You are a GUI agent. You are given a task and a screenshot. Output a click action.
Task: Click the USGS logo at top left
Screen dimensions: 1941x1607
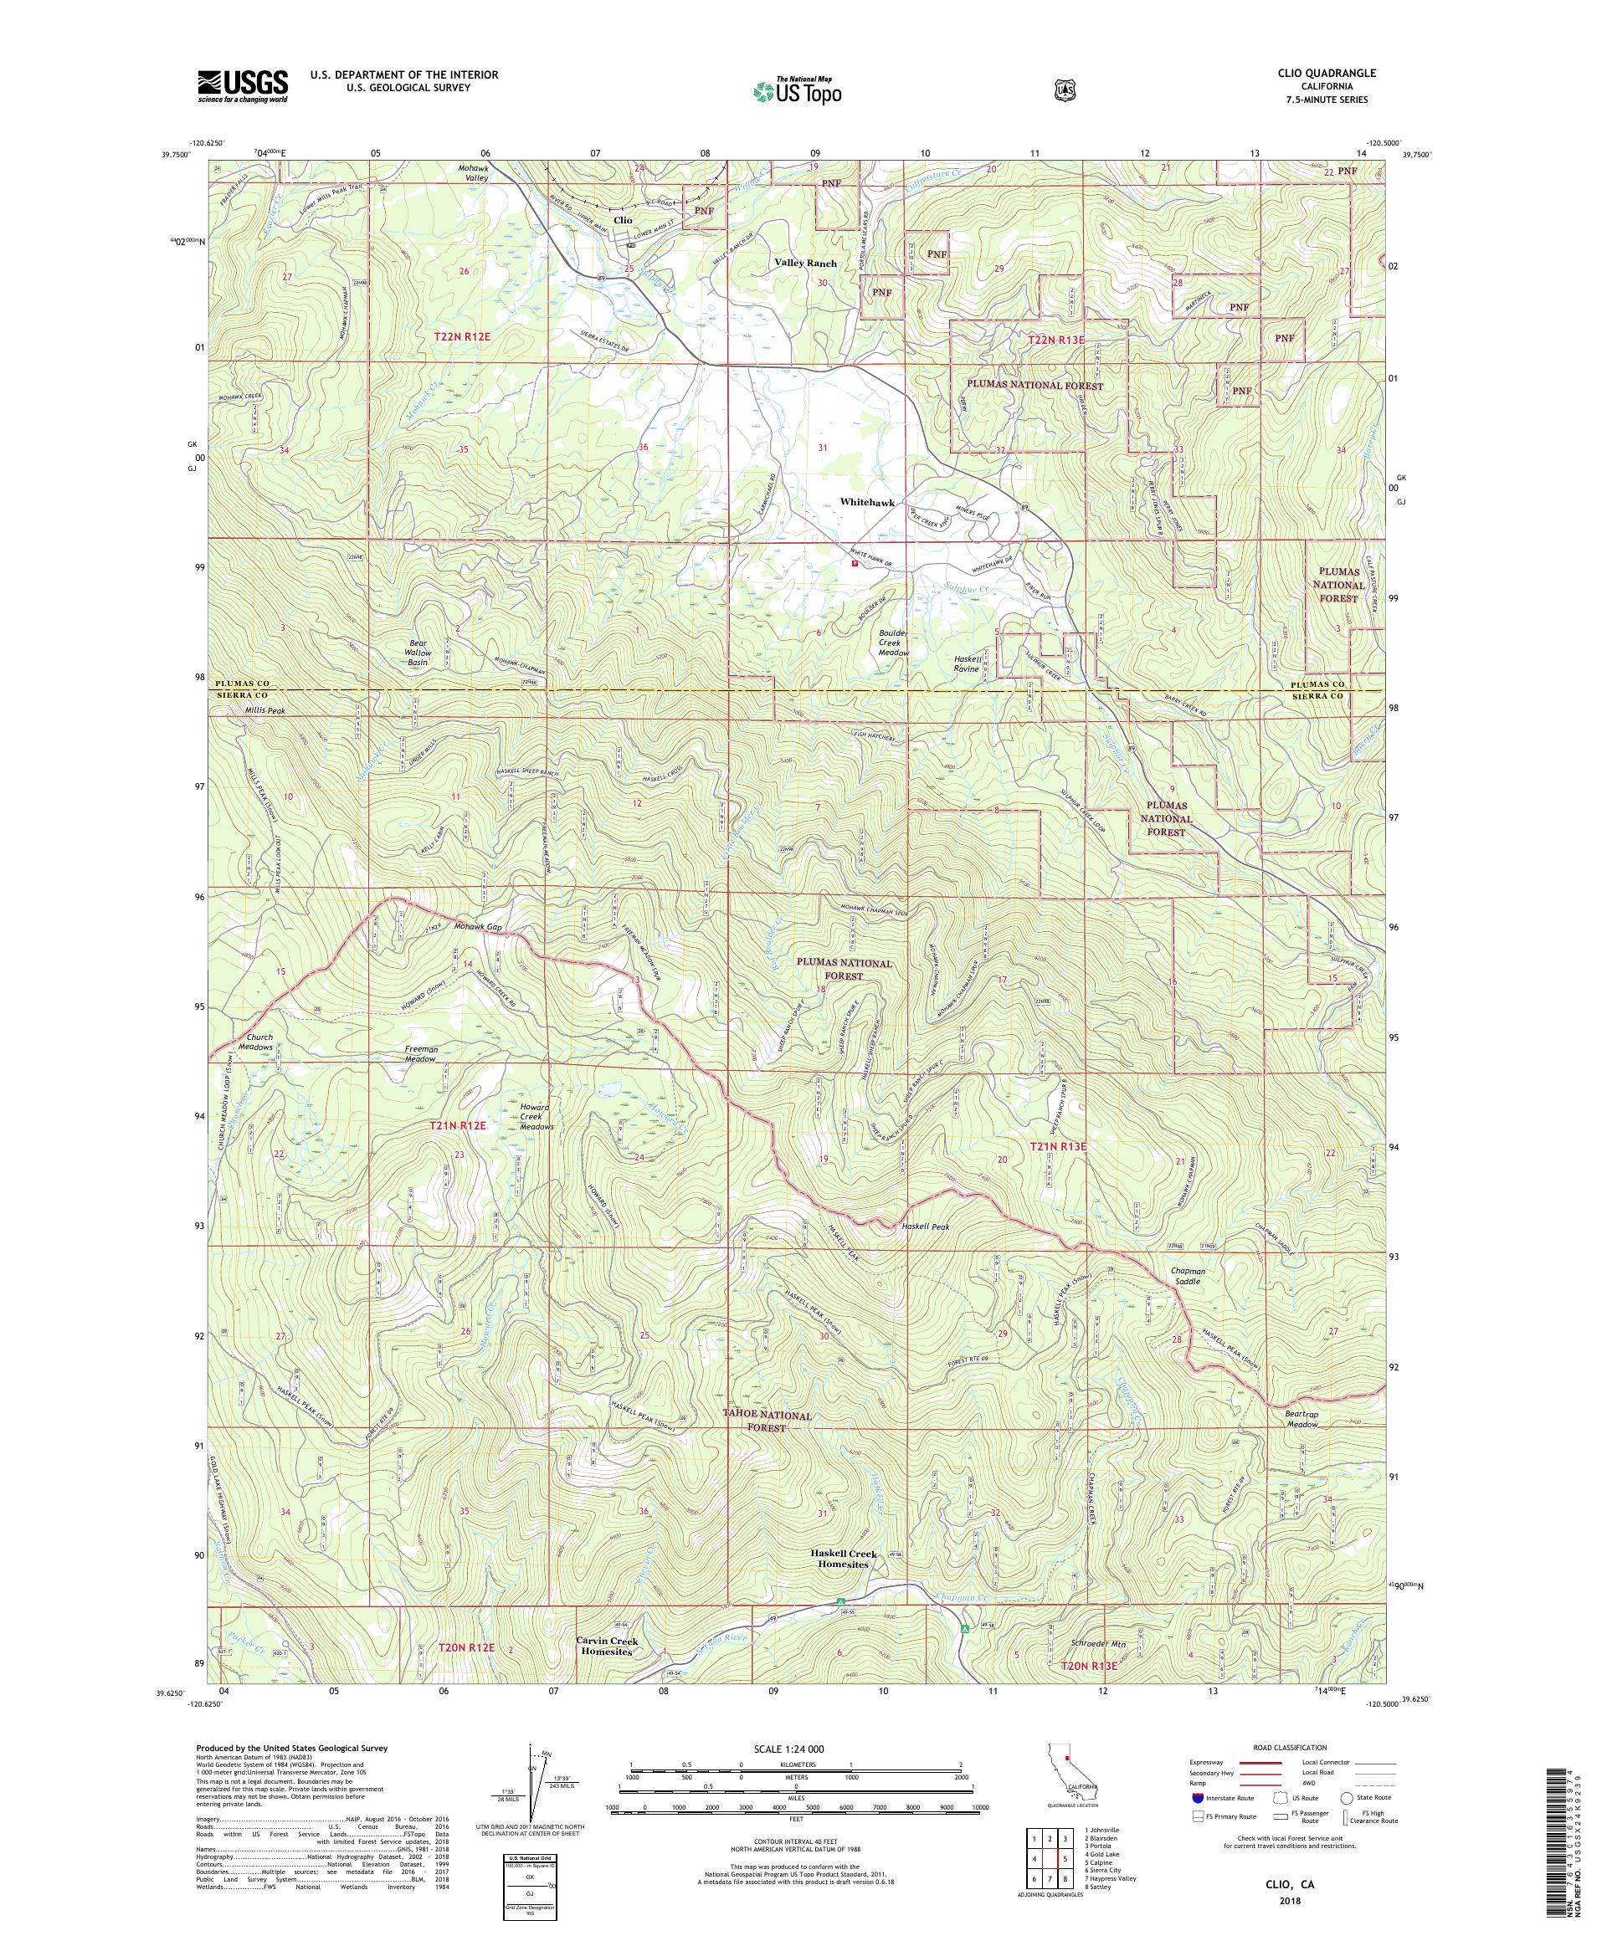click(241, 87)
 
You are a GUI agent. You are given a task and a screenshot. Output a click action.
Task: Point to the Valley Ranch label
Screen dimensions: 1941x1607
click(805, 264)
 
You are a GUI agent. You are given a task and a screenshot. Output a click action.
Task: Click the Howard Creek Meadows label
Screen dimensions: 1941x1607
click(536, 1117)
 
